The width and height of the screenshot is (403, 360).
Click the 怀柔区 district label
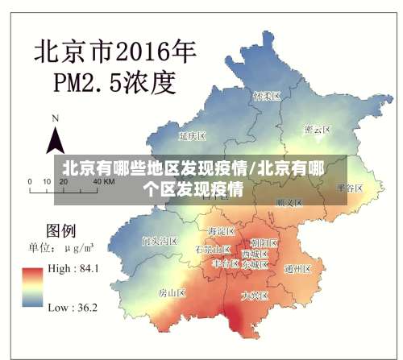266,96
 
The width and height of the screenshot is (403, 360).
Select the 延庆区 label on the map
193,136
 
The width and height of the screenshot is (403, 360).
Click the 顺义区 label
289,203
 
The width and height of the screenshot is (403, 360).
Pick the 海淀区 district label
220,230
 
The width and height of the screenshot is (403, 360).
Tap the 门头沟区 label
159,241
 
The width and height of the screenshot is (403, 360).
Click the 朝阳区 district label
264,242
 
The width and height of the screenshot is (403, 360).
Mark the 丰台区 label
226,263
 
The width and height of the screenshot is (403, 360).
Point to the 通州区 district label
297,269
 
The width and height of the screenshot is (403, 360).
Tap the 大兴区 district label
255,296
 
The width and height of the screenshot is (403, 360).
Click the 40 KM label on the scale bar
103,183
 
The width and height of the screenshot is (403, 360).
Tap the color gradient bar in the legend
33,288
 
